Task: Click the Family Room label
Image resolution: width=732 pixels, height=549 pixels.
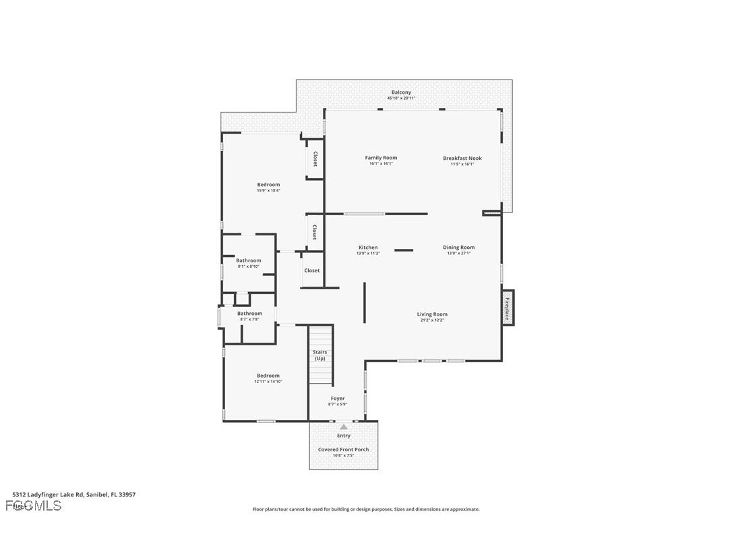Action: point(381,158)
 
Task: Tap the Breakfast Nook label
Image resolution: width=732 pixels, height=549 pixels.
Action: point(462,158)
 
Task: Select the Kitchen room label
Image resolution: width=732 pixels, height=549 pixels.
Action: point(368,248)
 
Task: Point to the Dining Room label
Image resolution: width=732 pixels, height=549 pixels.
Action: point(458,248)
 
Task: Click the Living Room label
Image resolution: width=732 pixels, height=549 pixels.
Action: point(432,314)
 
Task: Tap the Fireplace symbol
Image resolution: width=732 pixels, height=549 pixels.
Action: point(508,308)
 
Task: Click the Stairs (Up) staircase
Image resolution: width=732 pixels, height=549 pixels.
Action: point(320,355)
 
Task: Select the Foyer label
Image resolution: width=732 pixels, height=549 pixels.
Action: point(337,399)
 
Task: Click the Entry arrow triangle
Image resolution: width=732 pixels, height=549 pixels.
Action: point(344,426)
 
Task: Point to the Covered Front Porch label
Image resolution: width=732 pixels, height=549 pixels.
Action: point(343,449)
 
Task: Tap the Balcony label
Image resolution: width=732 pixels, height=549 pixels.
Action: point(401,92)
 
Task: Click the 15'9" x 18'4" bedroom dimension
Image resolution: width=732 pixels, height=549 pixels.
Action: point(268,191)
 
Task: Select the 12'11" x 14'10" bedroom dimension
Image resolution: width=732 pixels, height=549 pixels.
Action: point(268,382)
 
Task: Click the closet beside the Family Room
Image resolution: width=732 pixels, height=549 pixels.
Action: point(315,159)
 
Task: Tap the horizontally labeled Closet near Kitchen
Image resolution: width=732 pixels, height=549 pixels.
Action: point(312,270)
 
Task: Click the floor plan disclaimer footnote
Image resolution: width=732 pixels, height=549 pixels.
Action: point(366,509)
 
